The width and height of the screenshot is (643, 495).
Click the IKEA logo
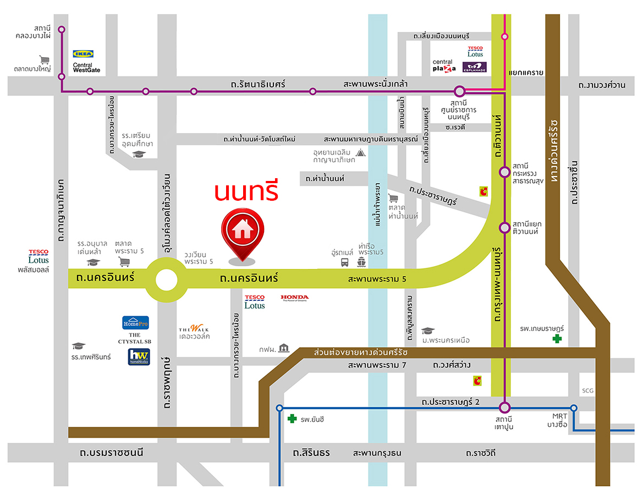[x=84, y=54]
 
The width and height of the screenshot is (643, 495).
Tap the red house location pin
[x=242, y=232]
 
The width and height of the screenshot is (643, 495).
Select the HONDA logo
[x=295, y=298]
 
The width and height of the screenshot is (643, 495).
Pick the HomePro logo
[x=135, y=323]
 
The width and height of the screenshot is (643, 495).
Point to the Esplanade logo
[x=475, y=68]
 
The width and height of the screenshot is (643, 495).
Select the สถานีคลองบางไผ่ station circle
[x=62, y=30]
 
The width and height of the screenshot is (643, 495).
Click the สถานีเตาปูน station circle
[x=505, y=408]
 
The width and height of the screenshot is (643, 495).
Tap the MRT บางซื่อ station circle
[x=574, y=408]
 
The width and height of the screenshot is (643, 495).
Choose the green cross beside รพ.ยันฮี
[x=292, y=419]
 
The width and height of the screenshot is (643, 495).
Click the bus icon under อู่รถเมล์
[x=344, y=263]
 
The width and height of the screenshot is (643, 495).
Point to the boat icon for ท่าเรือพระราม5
[x=361, y=262]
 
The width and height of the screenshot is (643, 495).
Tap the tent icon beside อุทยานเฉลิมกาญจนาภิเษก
[x=360, y=152]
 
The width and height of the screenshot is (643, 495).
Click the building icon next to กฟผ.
[x=283, y=348]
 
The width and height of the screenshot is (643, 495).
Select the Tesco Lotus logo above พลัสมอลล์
[x=39, y=256]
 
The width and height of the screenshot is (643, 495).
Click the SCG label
[x=587, y=391]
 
